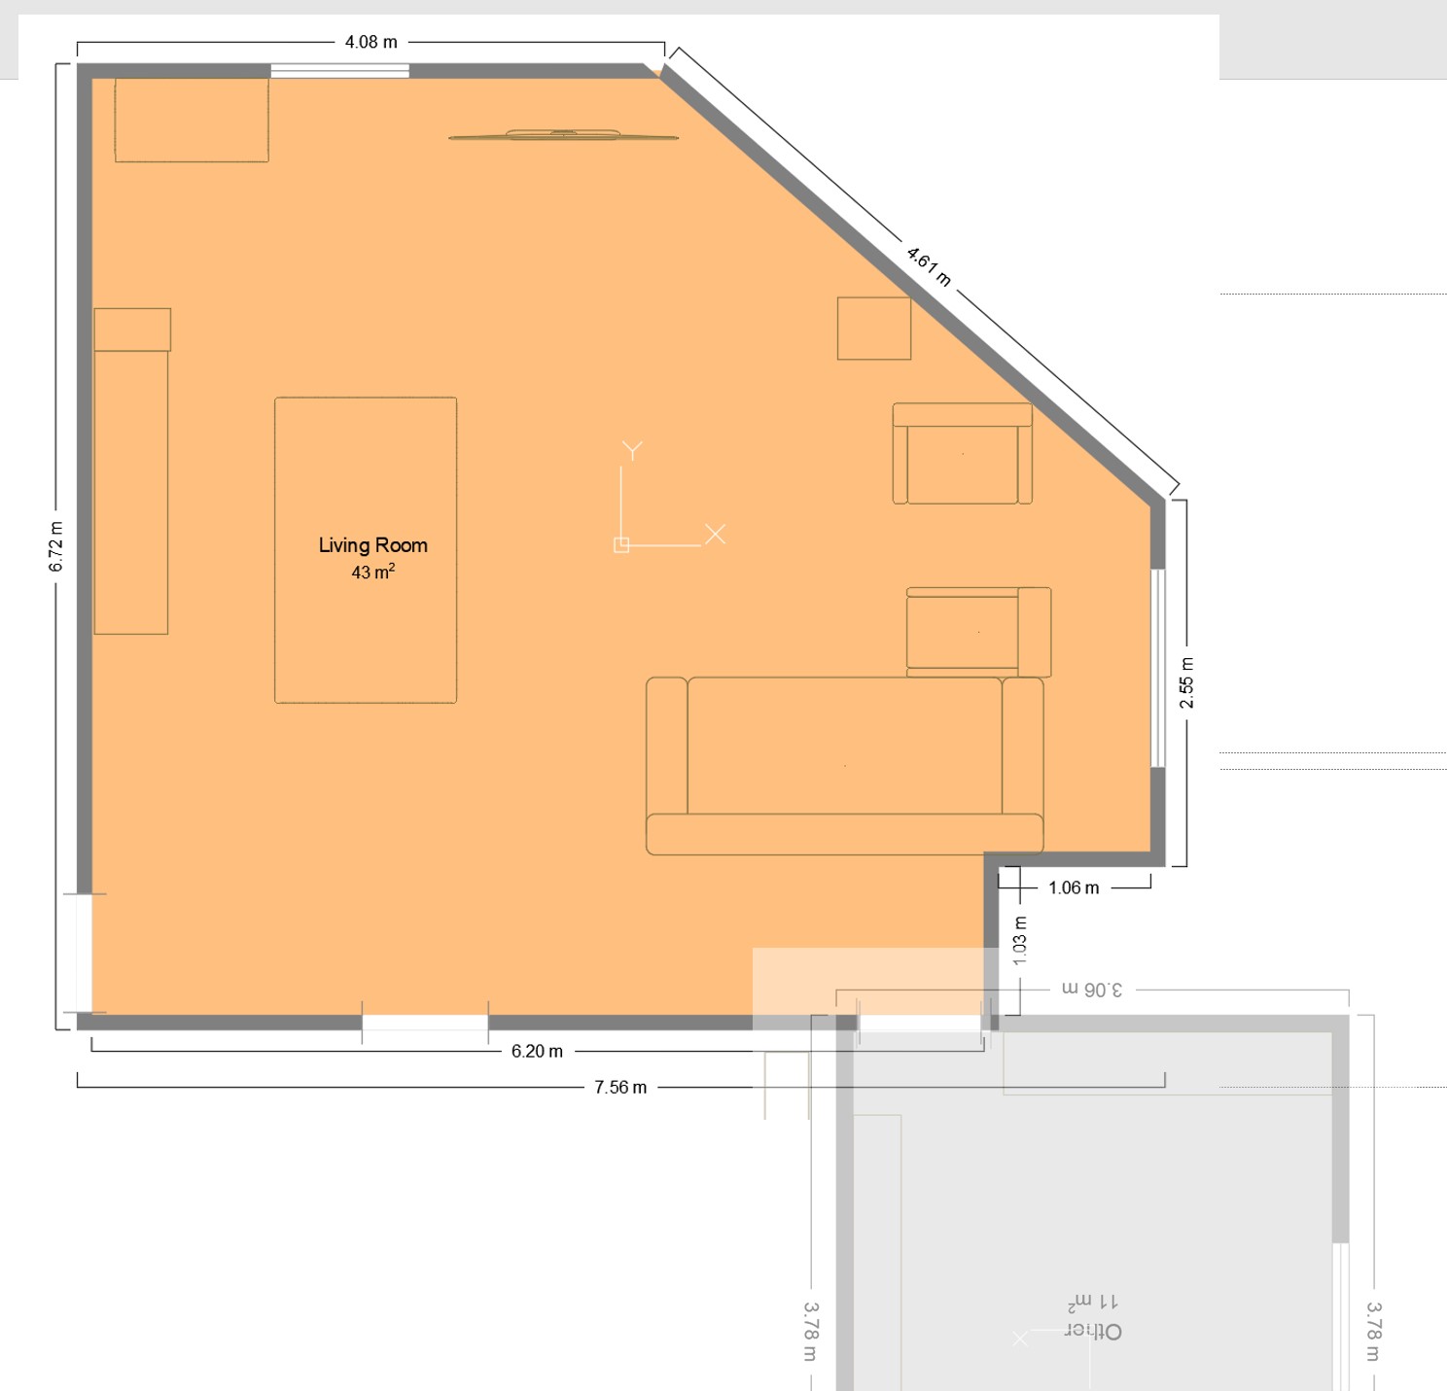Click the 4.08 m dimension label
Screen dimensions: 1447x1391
click(371, 43)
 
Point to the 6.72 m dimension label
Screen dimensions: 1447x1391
click(56, 546)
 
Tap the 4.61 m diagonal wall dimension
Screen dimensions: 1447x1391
click(928, 266)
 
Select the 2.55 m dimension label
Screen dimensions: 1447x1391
click(1186, 682)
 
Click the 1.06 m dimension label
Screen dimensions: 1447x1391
click(1074, 887)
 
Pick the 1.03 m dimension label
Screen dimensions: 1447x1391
click(1020, 941)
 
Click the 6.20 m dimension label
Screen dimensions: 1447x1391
click(537, 1051)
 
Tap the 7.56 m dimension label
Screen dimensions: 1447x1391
click(620, 1088)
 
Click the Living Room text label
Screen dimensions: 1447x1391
click(373, 545)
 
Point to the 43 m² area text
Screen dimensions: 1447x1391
click(373, 572)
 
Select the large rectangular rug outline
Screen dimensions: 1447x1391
click(366, 550)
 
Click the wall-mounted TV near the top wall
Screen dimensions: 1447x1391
click(564, 134)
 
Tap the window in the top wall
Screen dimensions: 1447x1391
click(339, 71)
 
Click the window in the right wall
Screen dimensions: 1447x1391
click(1158, 669)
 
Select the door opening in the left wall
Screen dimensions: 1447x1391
click(84, 954)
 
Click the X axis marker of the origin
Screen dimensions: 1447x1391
click(716, 534)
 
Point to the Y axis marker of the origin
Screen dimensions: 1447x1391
click(632, 450)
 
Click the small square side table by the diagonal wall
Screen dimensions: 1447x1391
click(873, 329)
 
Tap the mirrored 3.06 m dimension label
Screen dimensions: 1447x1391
click(1091, 990)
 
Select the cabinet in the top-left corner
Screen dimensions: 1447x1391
click(192, 121)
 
